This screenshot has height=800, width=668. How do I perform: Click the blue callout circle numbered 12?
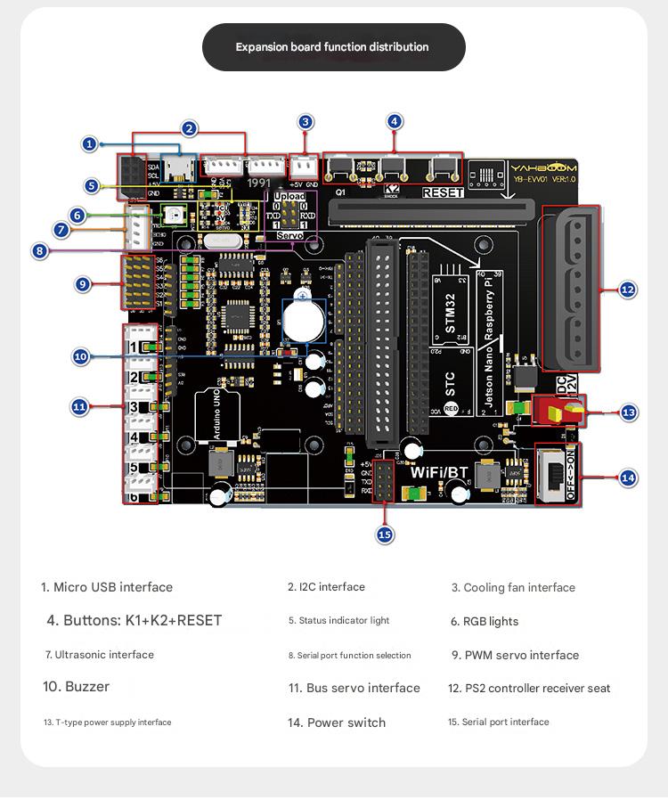coord(628,290)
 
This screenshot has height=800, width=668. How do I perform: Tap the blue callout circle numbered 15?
coord(385,535)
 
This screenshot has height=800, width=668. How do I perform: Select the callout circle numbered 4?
coord(395,122)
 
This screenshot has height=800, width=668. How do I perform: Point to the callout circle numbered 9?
coord(83,284)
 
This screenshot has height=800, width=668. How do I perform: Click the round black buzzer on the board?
coord(304,319)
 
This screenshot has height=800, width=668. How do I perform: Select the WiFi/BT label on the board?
coord(439,472)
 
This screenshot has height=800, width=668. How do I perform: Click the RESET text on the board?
coord(443,192)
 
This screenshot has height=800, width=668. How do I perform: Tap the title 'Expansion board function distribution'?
coord(332,47)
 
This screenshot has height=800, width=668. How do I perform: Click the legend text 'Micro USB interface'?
coord(107,587)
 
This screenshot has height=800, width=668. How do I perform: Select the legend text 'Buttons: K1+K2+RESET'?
coord(134,620)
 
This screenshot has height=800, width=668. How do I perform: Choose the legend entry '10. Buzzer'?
coord(76,687)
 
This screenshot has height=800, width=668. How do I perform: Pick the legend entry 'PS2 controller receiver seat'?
coord(529,688)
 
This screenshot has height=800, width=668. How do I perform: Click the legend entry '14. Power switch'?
coord(337,722)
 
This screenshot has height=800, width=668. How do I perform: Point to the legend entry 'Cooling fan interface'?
coord(513,587)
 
